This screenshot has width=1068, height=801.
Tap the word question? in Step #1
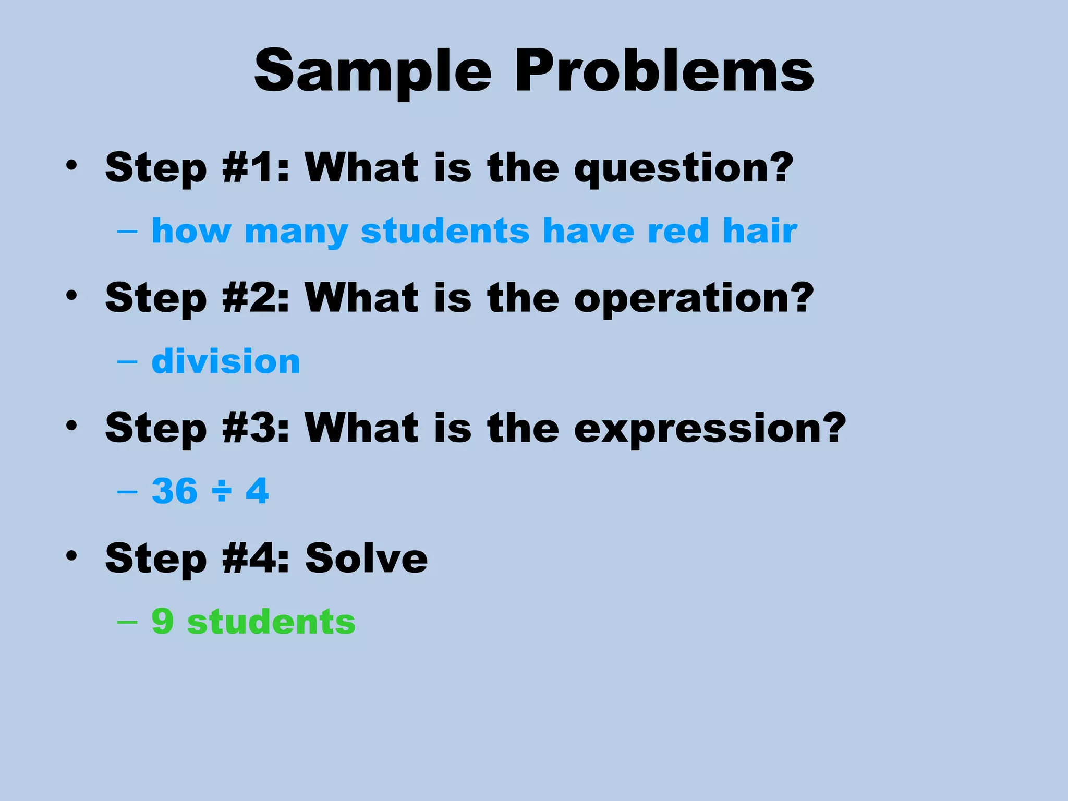[683, 168]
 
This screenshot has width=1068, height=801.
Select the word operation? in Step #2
[694, 298]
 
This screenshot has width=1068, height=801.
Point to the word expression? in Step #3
[710, 429]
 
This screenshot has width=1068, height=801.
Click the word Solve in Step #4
[366, 559]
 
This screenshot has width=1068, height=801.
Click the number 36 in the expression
[175, 491]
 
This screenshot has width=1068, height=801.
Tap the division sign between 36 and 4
[222, 492]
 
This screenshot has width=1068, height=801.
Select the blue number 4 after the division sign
[257, 491]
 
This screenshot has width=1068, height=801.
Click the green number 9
[162, 621]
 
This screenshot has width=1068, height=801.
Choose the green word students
[271, 621]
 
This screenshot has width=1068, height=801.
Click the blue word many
[296, 232]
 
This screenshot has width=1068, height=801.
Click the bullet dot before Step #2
[71, 296]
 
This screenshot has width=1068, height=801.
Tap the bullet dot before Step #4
[71, 556]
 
